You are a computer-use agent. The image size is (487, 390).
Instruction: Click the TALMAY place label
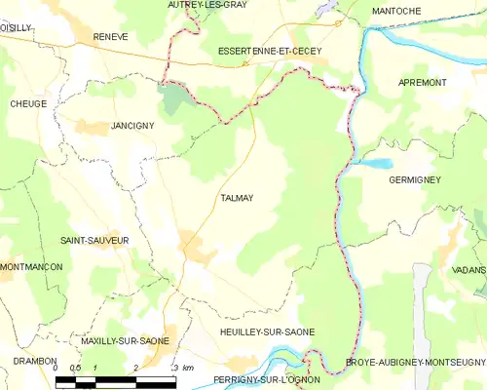(x=236, y=198)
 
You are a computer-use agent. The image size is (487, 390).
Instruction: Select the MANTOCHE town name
(x=396, y=11)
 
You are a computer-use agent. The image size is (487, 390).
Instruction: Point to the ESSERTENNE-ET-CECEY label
(x=270, y=50)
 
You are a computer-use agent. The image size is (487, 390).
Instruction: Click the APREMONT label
(x=422, y=83)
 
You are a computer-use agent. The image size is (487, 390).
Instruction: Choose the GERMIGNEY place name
(x=415, y=180)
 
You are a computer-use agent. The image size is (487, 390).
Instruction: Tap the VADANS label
(x=468, y=269)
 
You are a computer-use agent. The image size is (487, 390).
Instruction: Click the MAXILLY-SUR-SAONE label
(x=126, y=341)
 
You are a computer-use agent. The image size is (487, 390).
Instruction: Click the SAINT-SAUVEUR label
(x=94, y=240)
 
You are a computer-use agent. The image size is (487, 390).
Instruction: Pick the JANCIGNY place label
(x=133, y=127)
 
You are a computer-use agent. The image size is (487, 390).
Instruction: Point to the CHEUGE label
(x=28, y=103)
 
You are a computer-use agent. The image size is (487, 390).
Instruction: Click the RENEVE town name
(x=110, y=36)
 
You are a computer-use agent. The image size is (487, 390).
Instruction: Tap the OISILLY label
(x=16, y=28)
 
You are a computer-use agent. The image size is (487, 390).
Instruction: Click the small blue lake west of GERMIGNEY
(x=378, y=164)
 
